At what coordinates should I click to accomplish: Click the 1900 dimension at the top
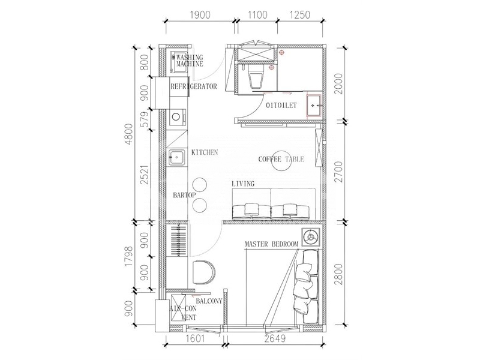[x=200, y=14]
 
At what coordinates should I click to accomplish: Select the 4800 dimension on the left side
[x=130, y=134]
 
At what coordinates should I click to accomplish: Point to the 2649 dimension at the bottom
[x=275, y=339]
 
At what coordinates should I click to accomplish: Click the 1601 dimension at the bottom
[x=194, y=339]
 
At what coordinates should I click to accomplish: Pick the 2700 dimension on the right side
[x=338, y=171]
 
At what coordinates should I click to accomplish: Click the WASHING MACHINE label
[x=190, y=61]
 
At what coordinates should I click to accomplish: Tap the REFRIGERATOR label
[x=193, y=86]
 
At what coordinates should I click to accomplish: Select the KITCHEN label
[x=205, y=152]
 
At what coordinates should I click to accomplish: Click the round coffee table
[x=281, y=161]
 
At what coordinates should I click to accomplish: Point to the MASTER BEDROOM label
[x=272, y=244]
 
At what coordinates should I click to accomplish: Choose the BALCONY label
[x=209, y=301]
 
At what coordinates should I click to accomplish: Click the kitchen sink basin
[x=176, y=157]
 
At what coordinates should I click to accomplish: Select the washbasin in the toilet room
[x=314, y=106]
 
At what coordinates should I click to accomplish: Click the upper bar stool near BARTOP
[x=199, y=185]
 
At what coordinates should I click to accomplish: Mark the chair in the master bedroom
[x=204, y=272]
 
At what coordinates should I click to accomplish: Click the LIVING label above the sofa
[x=243, y=184]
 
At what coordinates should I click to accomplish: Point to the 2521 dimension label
[x=145, y=175]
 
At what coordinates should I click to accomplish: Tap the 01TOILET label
[x=281, y=106]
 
